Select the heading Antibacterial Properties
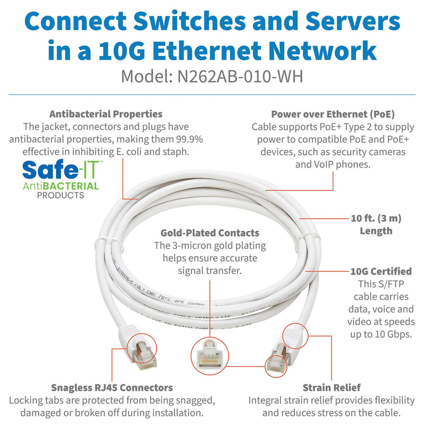click(x=106, y=114)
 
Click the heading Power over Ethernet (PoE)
click(x=333, y=114)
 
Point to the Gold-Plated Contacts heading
click(x=210, y=233)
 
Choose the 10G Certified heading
click(x=380, y=271)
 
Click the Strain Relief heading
click(x=331, y=388)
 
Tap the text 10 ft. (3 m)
click(x=376, y=219)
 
